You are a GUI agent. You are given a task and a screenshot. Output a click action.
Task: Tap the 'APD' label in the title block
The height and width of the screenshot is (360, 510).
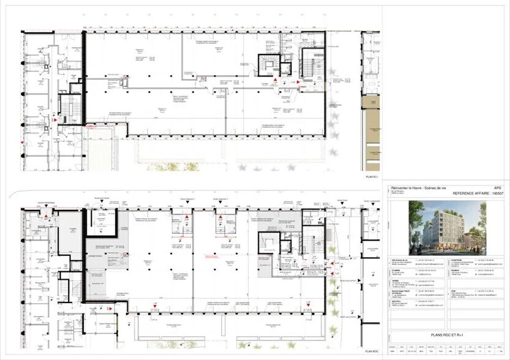[498, 188]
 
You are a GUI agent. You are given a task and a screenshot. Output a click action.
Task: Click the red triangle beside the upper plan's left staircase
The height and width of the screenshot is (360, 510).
[55, 121]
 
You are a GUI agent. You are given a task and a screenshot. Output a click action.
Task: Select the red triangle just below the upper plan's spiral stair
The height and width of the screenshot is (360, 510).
[276, 80]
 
